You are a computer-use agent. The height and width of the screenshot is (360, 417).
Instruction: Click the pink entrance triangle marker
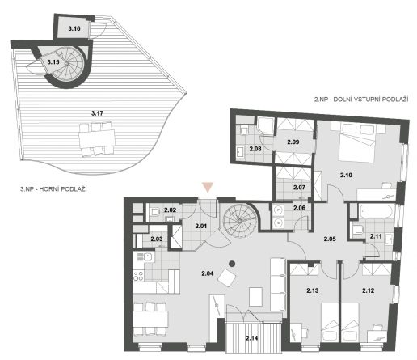point(208,187)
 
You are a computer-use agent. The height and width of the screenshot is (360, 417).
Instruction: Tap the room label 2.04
point(208,273)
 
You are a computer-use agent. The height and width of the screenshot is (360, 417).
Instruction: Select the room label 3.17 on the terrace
point(97,113)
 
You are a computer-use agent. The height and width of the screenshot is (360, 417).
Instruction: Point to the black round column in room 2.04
point(231,264)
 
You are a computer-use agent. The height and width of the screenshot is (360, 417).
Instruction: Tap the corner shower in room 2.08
point(266,127)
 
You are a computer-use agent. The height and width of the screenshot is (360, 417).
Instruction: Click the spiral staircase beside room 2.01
point(239,221)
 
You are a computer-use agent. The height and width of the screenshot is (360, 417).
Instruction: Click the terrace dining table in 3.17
point(97,138)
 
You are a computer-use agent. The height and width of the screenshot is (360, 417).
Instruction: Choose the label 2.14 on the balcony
point(252,338)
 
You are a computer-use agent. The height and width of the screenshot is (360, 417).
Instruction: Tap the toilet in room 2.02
point(154,211)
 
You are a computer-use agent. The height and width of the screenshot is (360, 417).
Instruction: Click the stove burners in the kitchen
point(138,276)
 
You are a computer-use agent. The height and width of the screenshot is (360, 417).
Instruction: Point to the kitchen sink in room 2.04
point(148,257)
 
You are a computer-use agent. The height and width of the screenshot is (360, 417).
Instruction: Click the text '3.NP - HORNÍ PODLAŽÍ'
point(53,189)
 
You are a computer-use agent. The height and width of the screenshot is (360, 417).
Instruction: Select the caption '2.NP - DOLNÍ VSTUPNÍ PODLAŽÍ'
point(361,100)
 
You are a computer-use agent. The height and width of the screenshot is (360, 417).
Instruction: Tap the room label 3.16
point(74,28)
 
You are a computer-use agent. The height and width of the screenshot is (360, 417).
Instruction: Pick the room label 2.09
point(293,142)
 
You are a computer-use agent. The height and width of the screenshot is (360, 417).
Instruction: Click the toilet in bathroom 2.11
point(358,230)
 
